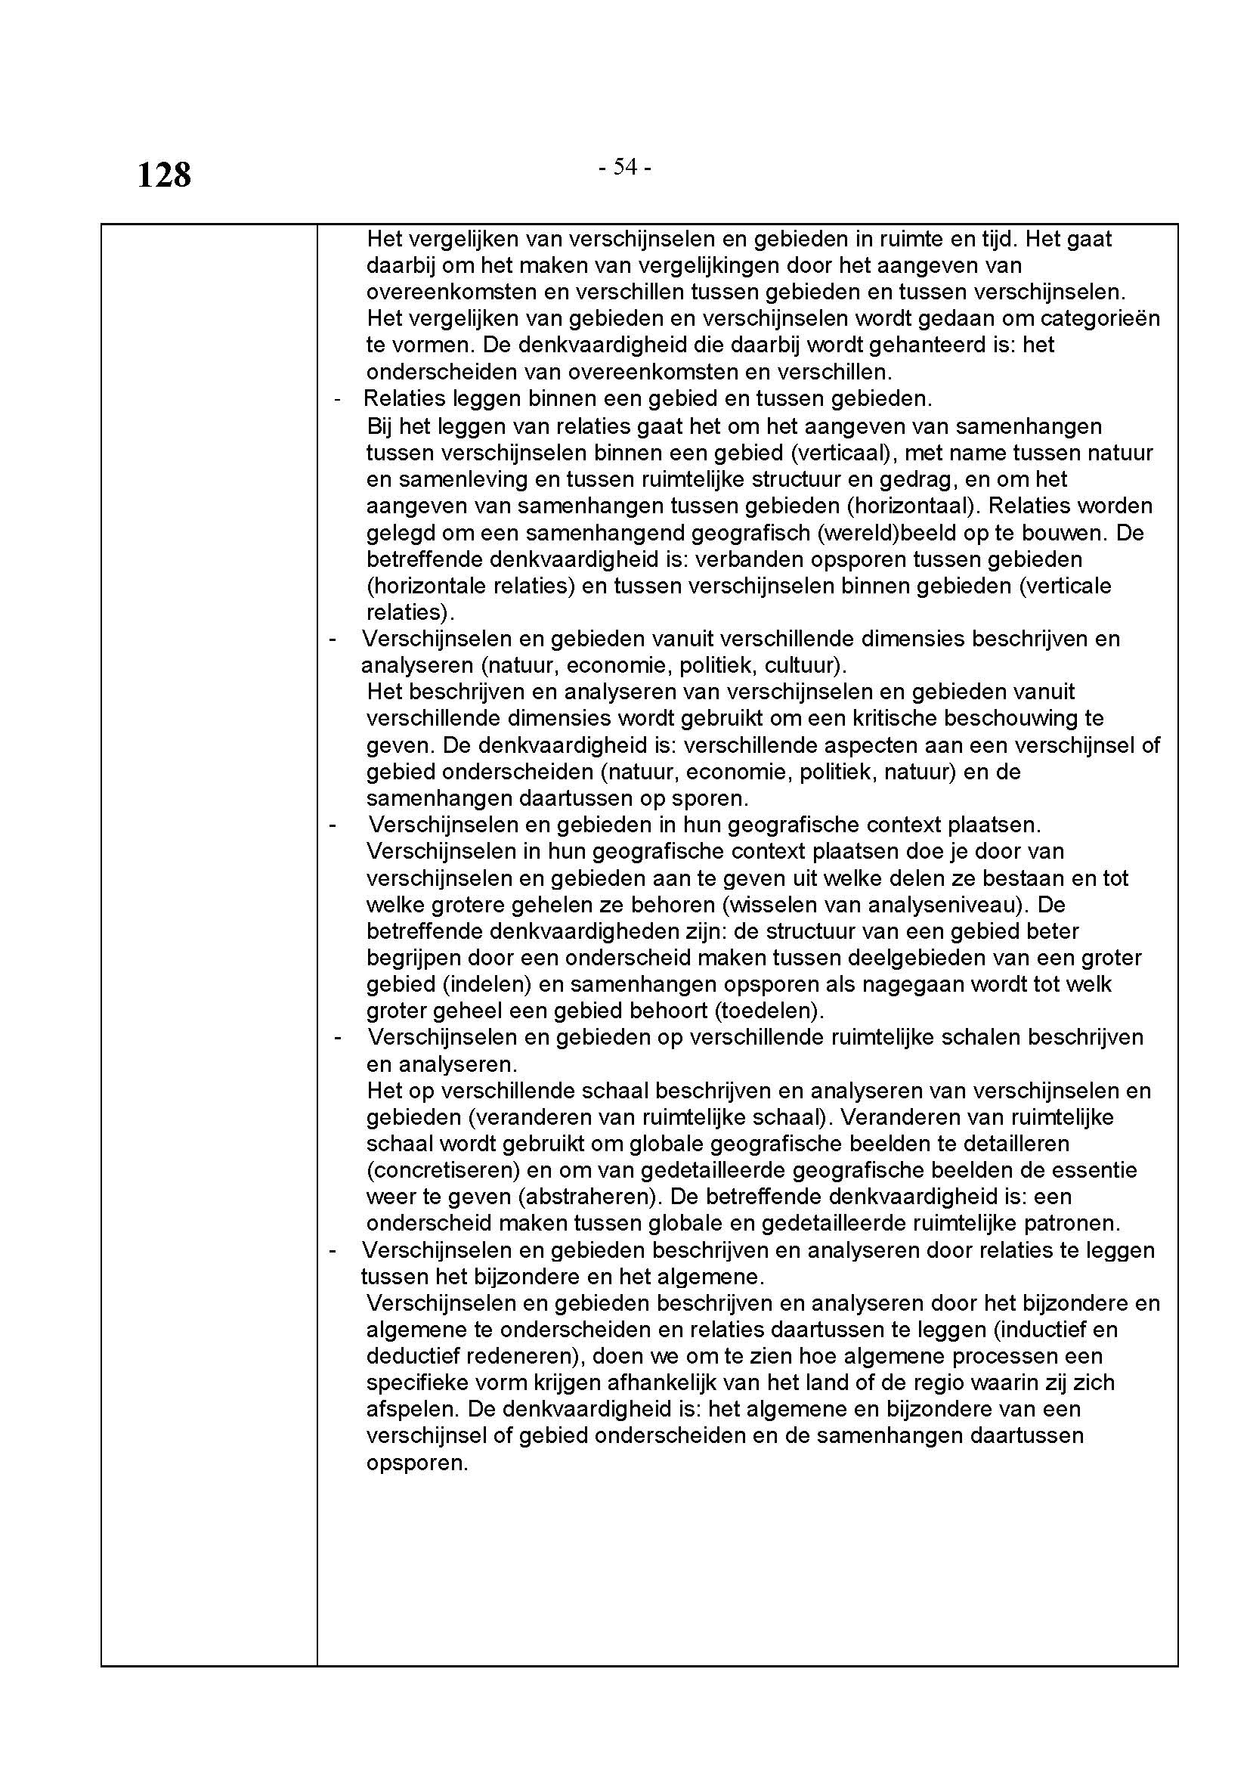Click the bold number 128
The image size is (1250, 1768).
click(164, 175)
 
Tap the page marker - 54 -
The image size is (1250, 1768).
click(625, 167)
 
